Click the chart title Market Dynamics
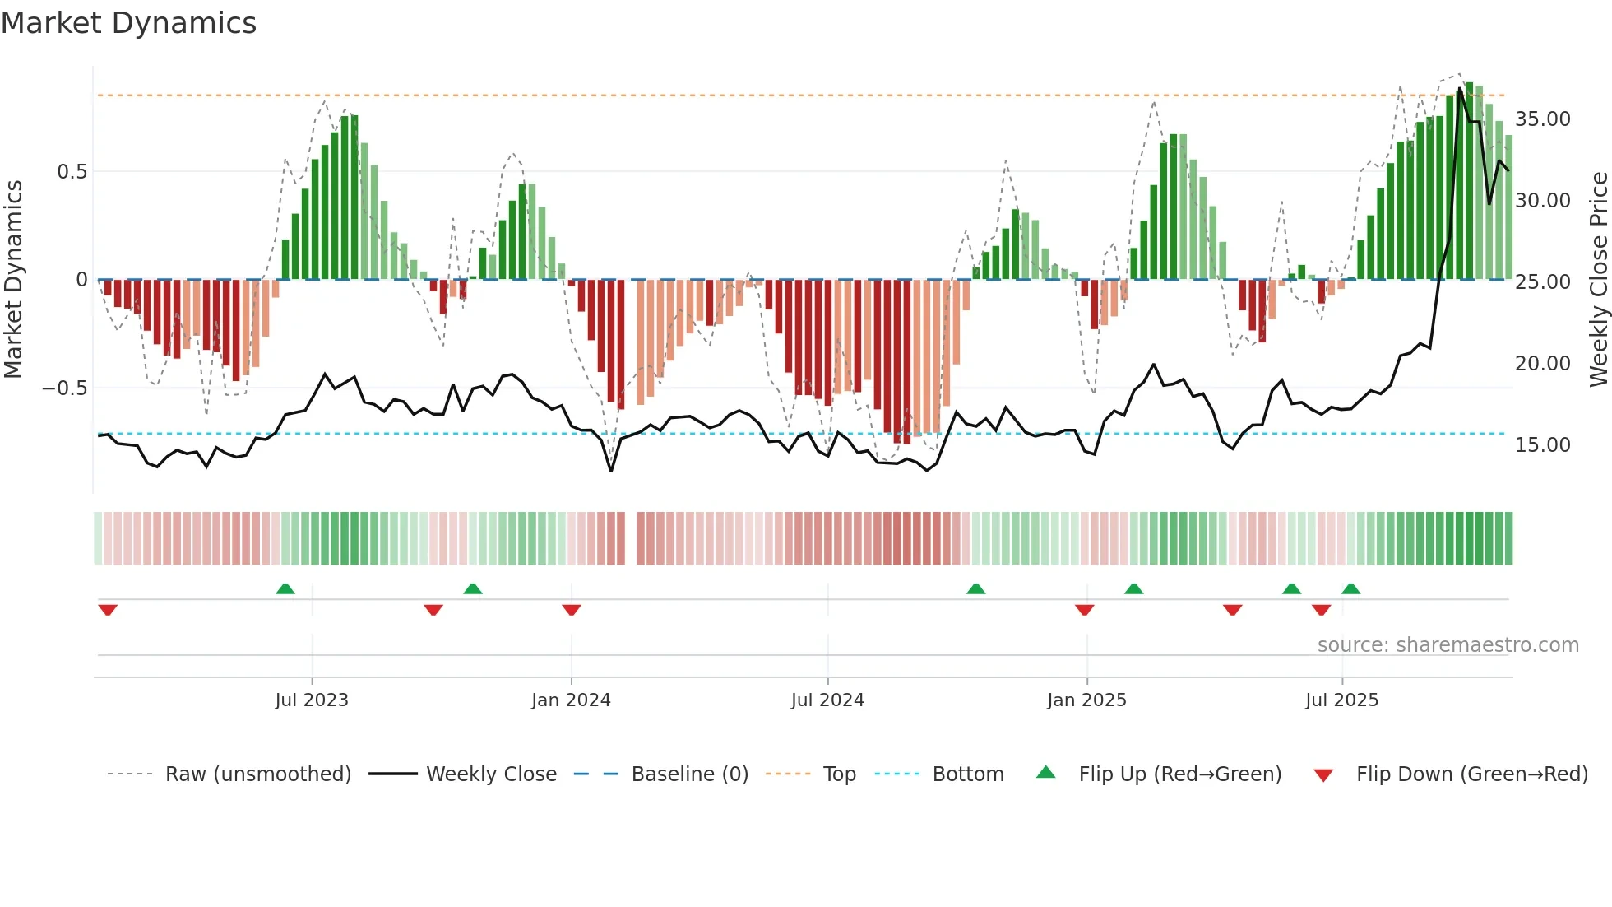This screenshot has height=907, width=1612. (128, 23)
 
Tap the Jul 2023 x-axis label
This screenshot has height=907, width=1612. (312, 700)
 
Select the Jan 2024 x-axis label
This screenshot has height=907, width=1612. (571, 700)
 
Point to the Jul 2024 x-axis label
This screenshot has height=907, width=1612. (827, 700)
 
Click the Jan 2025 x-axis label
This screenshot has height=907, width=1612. (1086, 700)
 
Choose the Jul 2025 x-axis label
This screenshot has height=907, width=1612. (1341, 700)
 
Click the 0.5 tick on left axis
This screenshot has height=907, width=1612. (72, 172)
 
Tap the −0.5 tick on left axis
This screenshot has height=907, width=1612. (65, 388)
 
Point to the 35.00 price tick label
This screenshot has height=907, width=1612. (1543, 119)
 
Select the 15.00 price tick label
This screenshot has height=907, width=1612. (1543, 445)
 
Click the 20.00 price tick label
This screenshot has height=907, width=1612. (1543, 364)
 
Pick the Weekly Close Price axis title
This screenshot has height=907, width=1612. (1598, 280)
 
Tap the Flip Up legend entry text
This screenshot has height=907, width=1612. (1179, 774)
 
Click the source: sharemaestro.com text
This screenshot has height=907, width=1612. (1448, 645)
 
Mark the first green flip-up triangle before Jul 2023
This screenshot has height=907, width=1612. (285, 589)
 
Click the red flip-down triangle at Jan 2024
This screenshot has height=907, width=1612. (572, 610)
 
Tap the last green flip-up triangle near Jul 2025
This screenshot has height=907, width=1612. (1350, 589)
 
